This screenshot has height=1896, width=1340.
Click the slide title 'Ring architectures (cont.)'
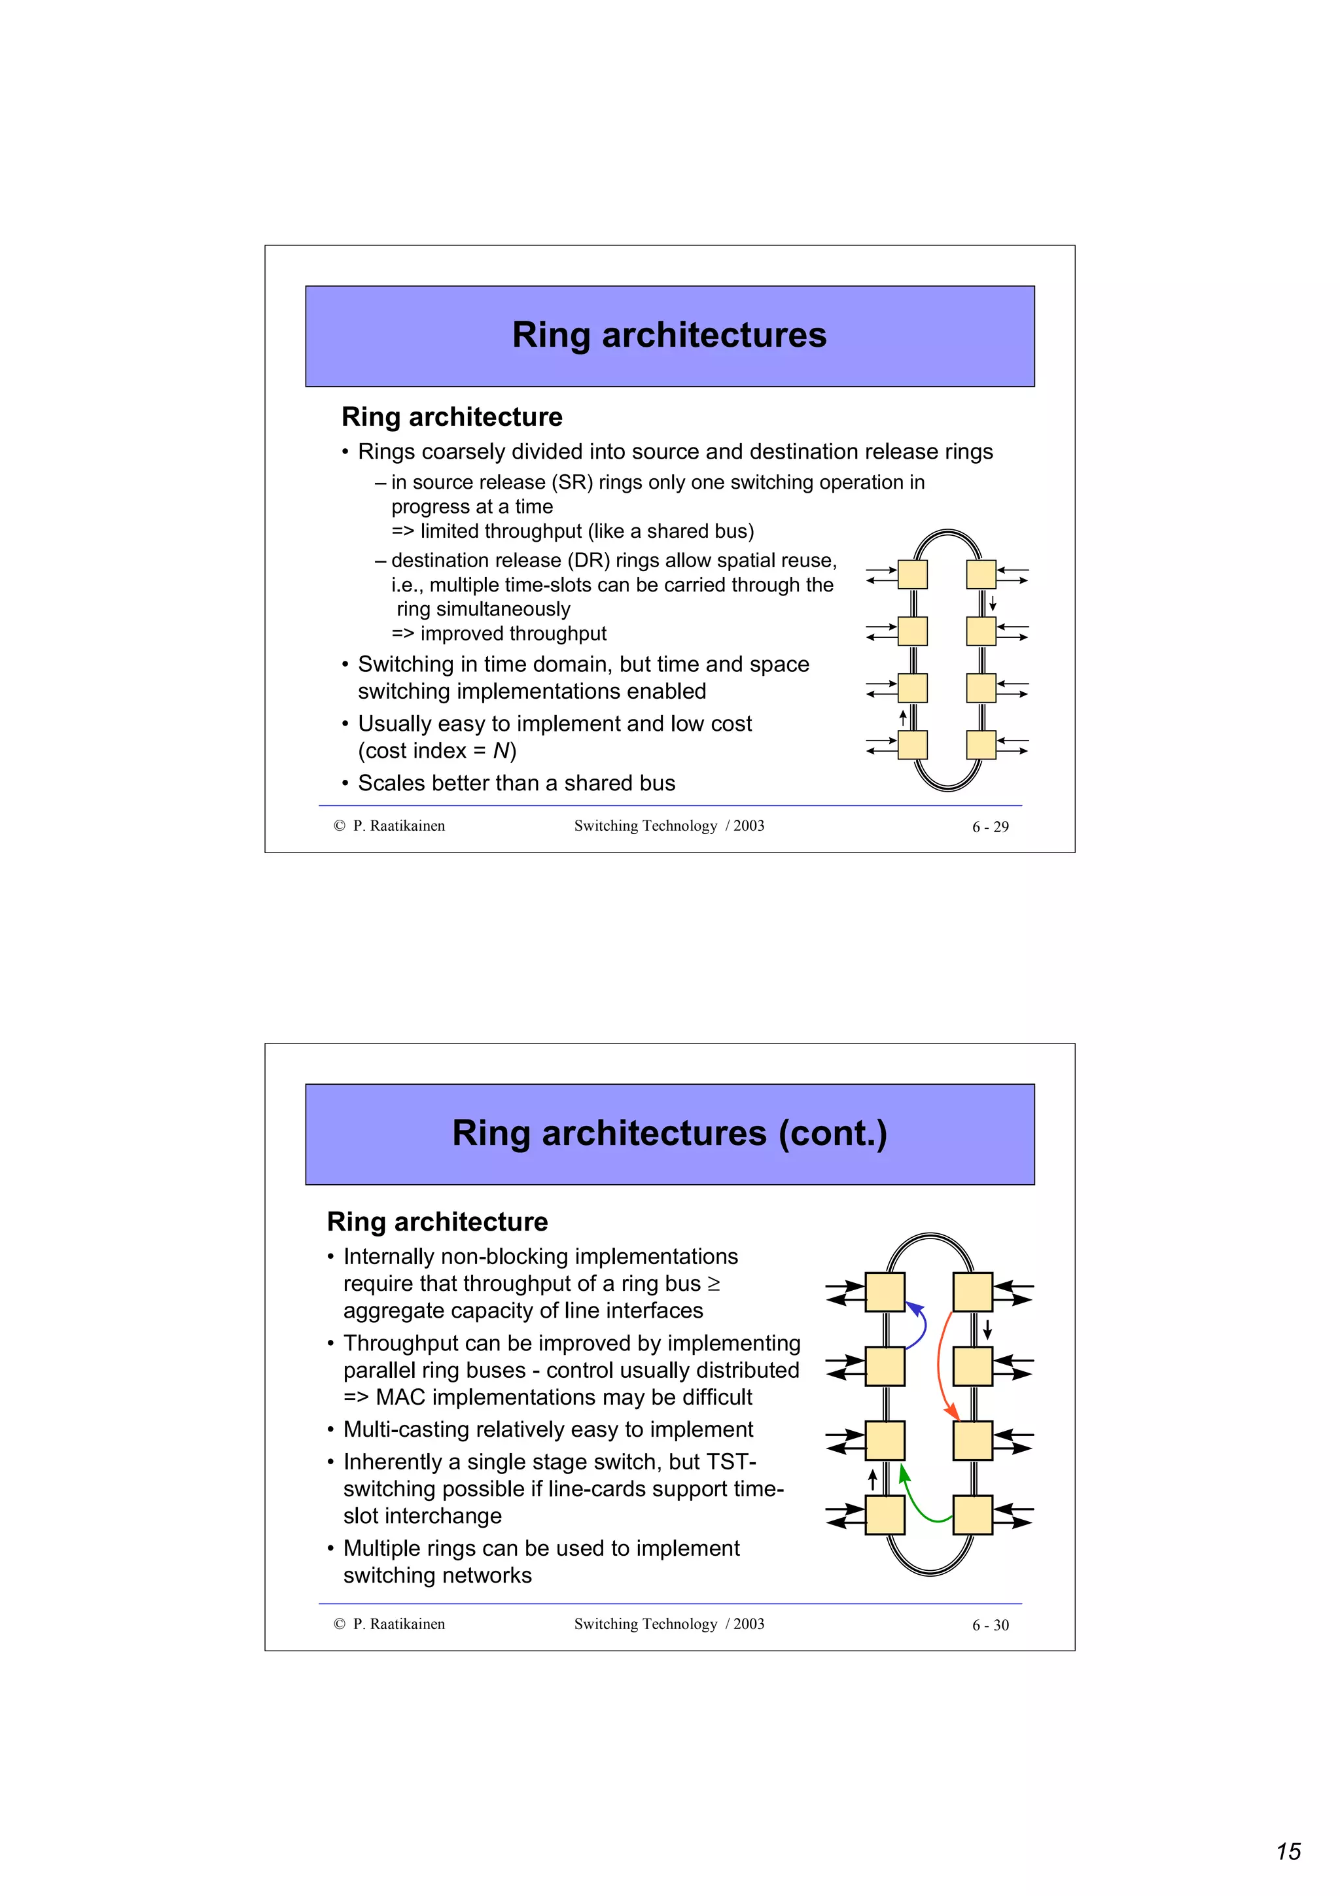click(x=669, y=1133)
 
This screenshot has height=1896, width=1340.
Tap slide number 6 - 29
click(x=990, y=826)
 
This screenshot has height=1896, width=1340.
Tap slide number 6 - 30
click(x=990, y=1625)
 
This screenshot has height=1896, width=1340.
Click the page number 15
click(x=1288, y=1852)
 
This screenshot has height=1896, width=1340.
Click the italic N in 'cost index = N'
click(x=501, y=750)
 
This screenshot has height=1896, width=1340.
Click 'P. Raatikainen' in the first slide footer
click(x=398, y=826)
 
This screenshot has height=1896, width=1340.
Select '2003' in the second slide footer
click(x=749, y=1624)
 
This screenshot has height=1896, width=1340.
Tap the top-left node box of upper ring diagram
click(x=912, y=574)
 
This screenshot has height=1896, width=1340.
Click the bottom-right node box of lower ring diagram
click(x=972, y=1515)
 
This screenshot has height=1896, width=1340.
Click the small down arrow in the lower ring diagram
click(x=987, y=1329)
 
